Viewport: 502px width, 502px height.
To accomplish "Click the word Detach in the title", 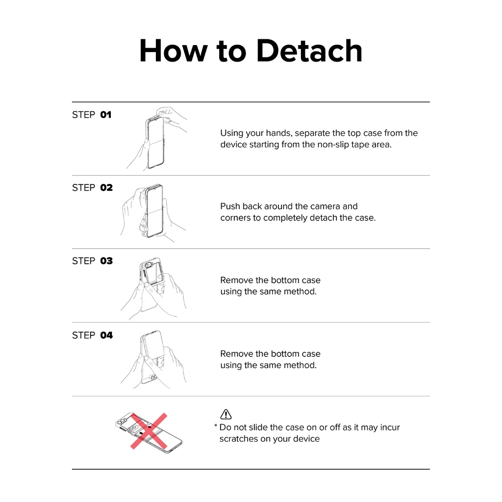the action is click(309, 50).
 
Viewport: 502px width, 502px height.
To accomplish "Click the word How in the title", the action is click(174, 50).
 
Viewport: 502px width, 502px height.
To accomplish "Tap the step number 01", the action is click(106, 115).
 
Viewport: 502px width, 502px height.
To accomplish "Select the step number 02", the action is click(106, 188).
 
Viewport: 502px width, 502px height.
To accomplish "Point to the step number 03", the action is click(106, 261).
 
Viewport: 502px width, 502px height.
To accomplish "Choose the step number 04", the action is click(106, 335).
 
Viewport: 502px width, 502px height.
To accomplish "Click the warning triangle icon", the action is click(226, 414).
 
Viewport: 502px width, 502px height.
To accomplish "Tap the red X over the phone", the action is click(149, 431).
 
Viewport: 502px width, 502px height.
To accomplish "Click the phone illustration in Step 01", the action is click(155, 143).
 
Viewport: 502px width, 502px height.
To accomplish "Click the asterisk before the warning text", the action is click(216, 426).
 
